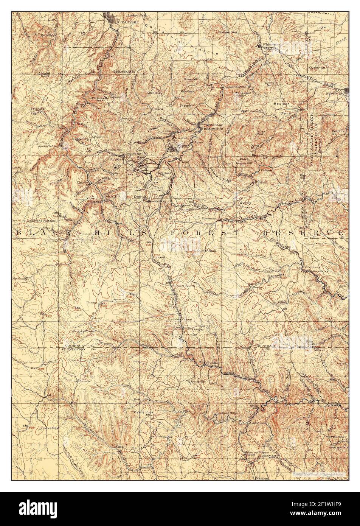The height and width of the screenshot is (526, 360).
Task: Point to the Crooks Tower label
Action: pos(83,331)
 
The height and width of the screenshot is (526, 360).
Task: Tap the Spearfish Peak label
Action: pos(124,71)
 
